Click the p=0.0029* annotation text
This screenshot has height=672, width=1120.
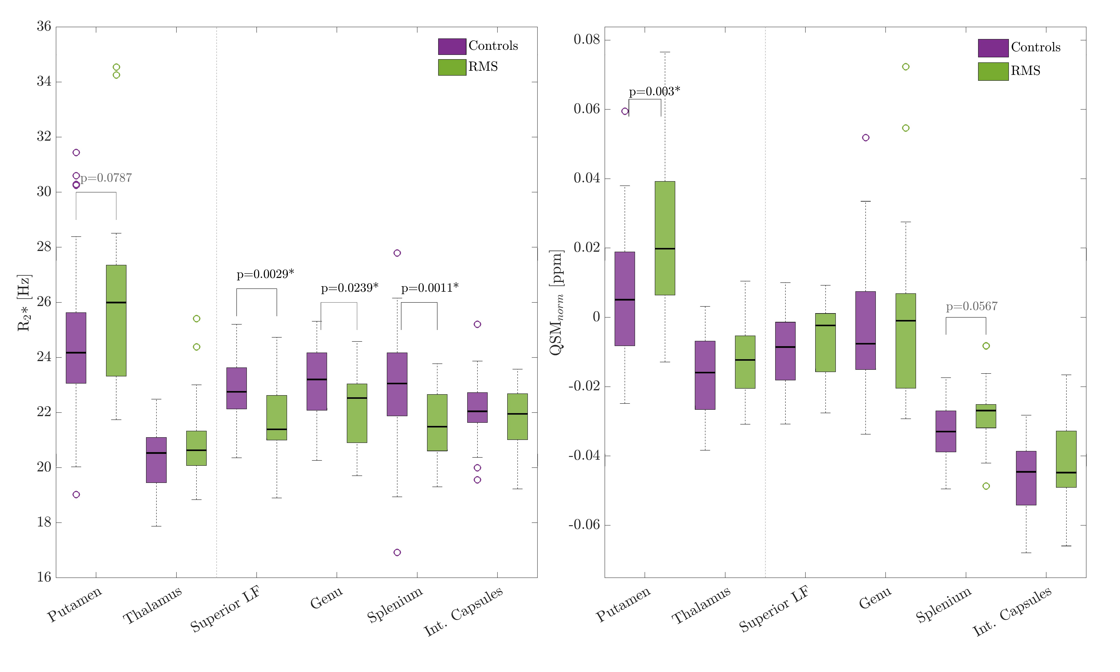[265, 274]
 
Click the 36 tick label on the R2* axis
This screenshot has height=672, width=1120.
[44, 26]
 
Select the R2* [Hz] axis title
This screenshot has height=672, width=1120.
[24, 302]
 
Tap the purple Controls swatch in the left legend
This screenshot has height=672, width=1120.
[452, 46]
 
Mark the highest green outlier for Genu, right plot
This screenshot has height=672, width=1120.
[905, 67]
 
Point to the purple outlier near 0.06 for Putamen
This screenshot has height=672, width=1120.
[625, 111]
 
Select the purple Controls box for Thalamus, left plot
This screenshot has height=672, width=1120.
[156, 460]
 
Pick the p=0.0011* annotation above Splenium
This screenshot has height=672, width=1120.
[430, 288]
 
